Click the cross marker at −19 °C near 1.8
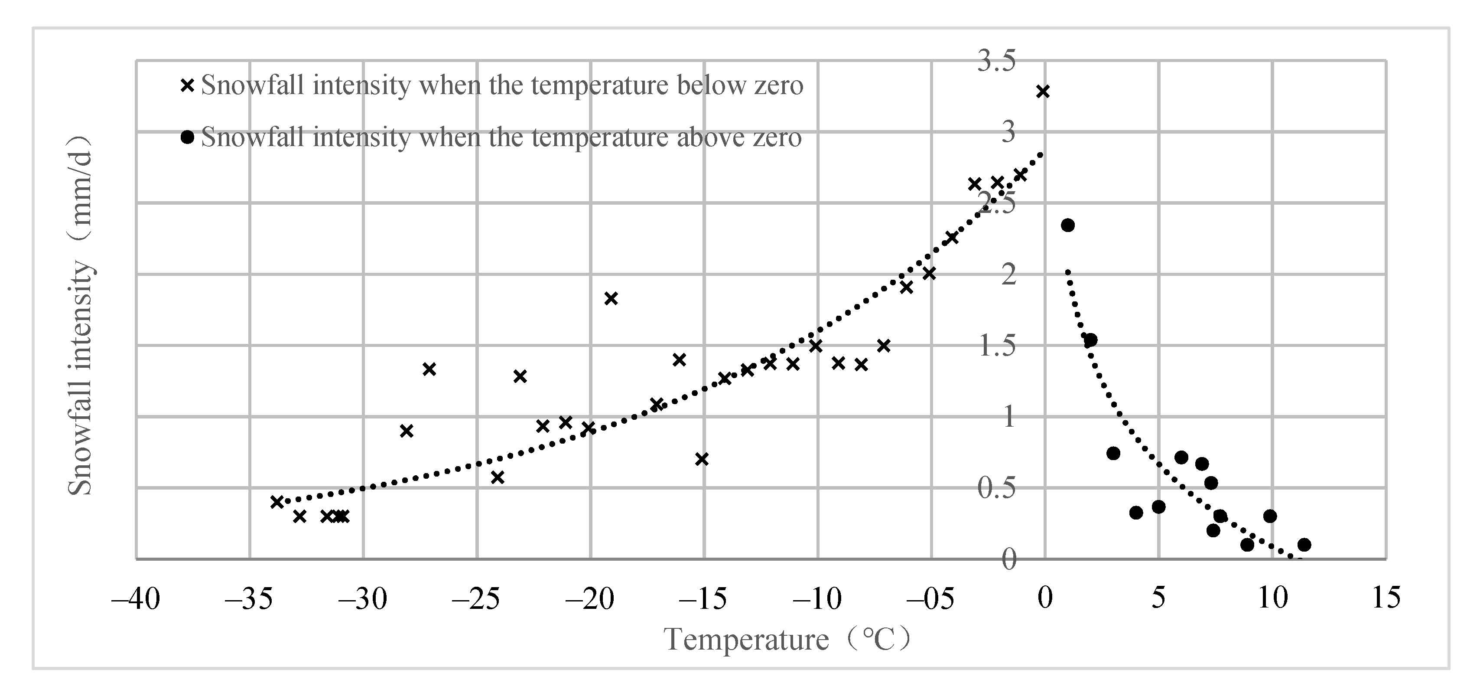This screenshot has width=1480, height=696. [611, 298]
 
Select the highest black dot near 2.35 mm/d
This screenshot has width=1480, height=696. [1067, 225]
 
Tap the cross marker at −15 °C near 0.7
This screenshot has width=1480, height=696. [702, 459]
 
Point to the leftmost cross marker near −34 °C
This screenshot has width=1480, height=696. [277, 502]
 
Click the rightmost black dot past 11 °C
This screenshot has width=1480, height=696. [1304, 544]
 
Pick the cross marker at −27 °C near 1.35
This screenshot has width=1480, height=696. [429, 369]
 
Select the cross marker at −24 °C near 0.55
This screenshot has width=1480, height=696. [498, 477]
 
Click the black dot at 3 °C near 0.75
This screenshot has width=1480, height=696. [1113, 453]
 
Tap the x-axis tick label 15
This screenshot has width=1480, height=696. [1386, 598]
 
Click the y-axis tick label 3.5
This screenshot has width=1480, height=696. [996, 61]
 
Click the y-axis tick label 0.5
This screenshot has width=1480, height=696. [996, 488]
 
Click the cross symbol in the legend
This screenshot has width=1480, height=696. [187, 85]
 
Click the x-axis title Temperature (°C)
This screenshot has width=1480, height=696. [787, 639]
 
